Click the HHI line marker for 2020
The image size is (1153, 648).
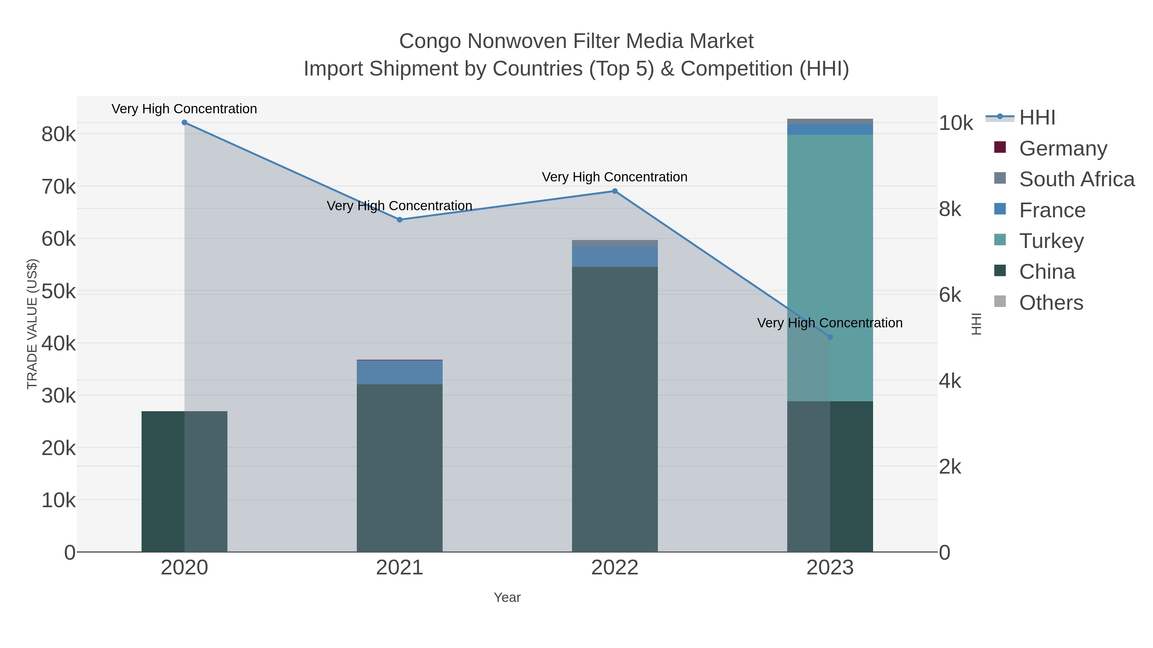184,123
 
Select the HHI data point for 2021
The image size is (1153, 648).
400,220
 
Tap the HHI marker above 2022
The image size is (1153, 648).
615,191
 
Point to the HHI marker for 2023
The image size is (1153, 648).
830,337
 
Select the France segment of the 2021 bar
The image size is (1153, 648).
400,372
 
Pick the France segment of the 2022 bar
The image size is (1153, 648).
615,257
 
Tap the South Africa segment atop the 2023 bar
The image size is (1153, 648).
830,122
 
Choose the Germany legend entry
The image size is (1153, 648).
1063,148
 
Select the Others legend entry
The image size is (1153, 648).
1051,303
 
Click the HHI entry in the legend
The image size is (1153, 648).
1037,118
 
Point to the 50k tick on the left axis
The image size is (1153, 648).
59,292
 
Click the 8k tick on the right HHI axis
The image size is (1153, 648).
950,209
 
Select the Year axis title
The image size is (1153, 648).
507,597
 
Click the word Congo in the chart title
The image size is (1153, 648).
430,41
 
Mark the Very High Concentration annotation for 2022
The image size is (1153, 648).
615,177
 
